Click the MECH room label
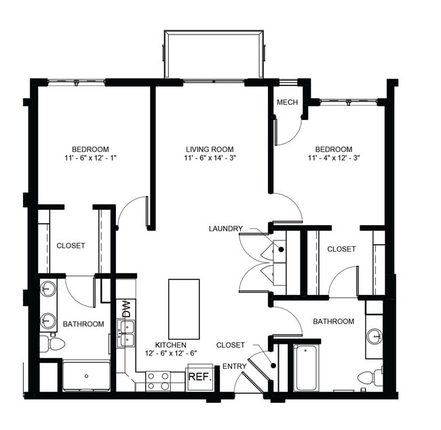pyautogui.click(x=285, y=102)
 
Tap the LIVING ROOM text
pyautogui.click(x=210, y=149)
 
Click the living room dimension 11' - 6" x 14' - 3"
pyautogui.click(x=210, y=159)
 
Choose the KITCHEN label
pyautogui.click(x=170, y=345)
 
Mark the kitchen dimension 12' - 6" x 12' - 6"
pyautogui.click(x=170, y=354)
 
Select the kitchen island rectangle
pyautogui.click(x=184, y=309)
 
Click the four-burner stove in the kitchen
pyautogui.click(x=158, y=380)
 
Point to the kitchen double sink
pyautogui.click(x=126, y=333)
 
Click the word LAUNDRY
pyautogui.click(x=225, y=229)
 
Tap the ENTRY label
pyautogui.click(x=235, y=366)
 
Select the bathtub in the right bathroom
pyautogui.click(x=306, y=368)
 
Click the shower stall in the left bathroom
pyautogui.click(x=86, y=376)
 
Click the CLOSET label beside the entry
pyautogui.click(x=231, y=345)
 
